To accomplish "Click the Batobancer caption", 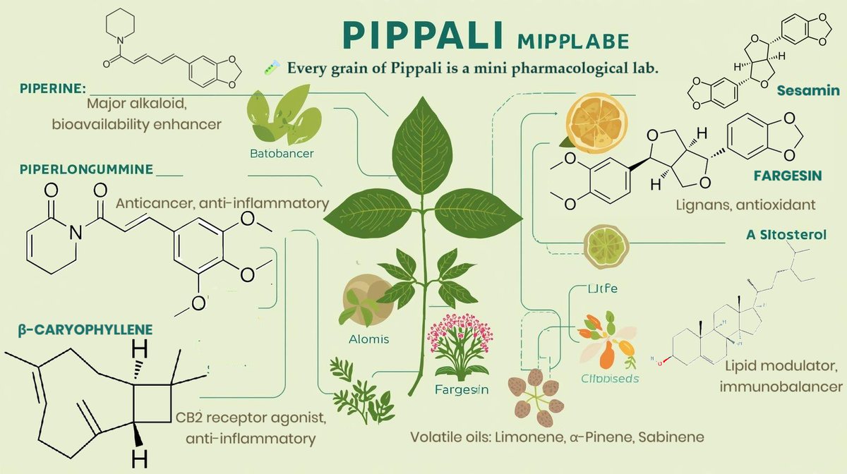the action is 282,152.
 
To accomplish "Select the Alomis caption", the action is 368,339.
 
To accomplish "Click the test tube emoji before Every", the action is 270,68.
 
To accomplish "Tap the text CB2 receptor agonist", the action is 251,418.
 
